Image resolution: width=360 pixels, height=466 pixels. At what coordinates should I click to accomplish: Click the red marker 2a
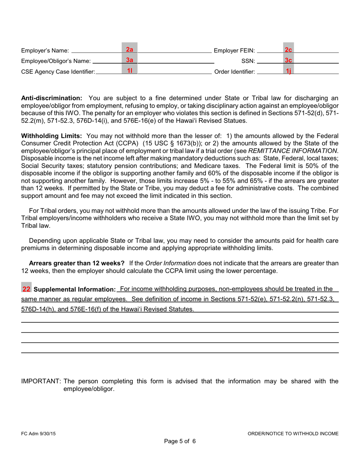point(129,49)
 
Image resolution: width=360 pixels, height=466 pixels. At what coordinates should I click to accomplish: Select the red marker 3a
point(129,60)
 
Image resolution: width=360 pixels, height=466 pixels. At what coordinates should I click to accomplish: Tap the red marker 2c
point(288,49)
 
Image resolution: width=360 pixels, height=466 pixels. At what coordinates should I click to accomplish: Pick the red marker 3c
point(288,60)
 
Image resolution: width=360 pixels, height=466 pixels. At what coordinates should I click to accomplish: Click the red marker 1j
point(288,71)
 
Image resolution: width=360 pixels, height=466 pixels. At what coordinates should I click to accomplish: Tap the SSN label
point(248,61)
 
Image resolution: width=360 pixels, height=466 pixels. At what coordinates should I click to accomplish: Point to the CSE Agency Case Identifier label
point(58,71)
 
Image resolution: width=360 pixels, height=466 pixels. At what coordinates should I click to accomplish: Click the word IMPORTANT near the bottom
point(41,382)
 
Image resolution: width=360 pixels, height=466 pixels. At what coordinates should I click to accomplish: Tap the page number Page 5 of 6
point(180,441)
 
